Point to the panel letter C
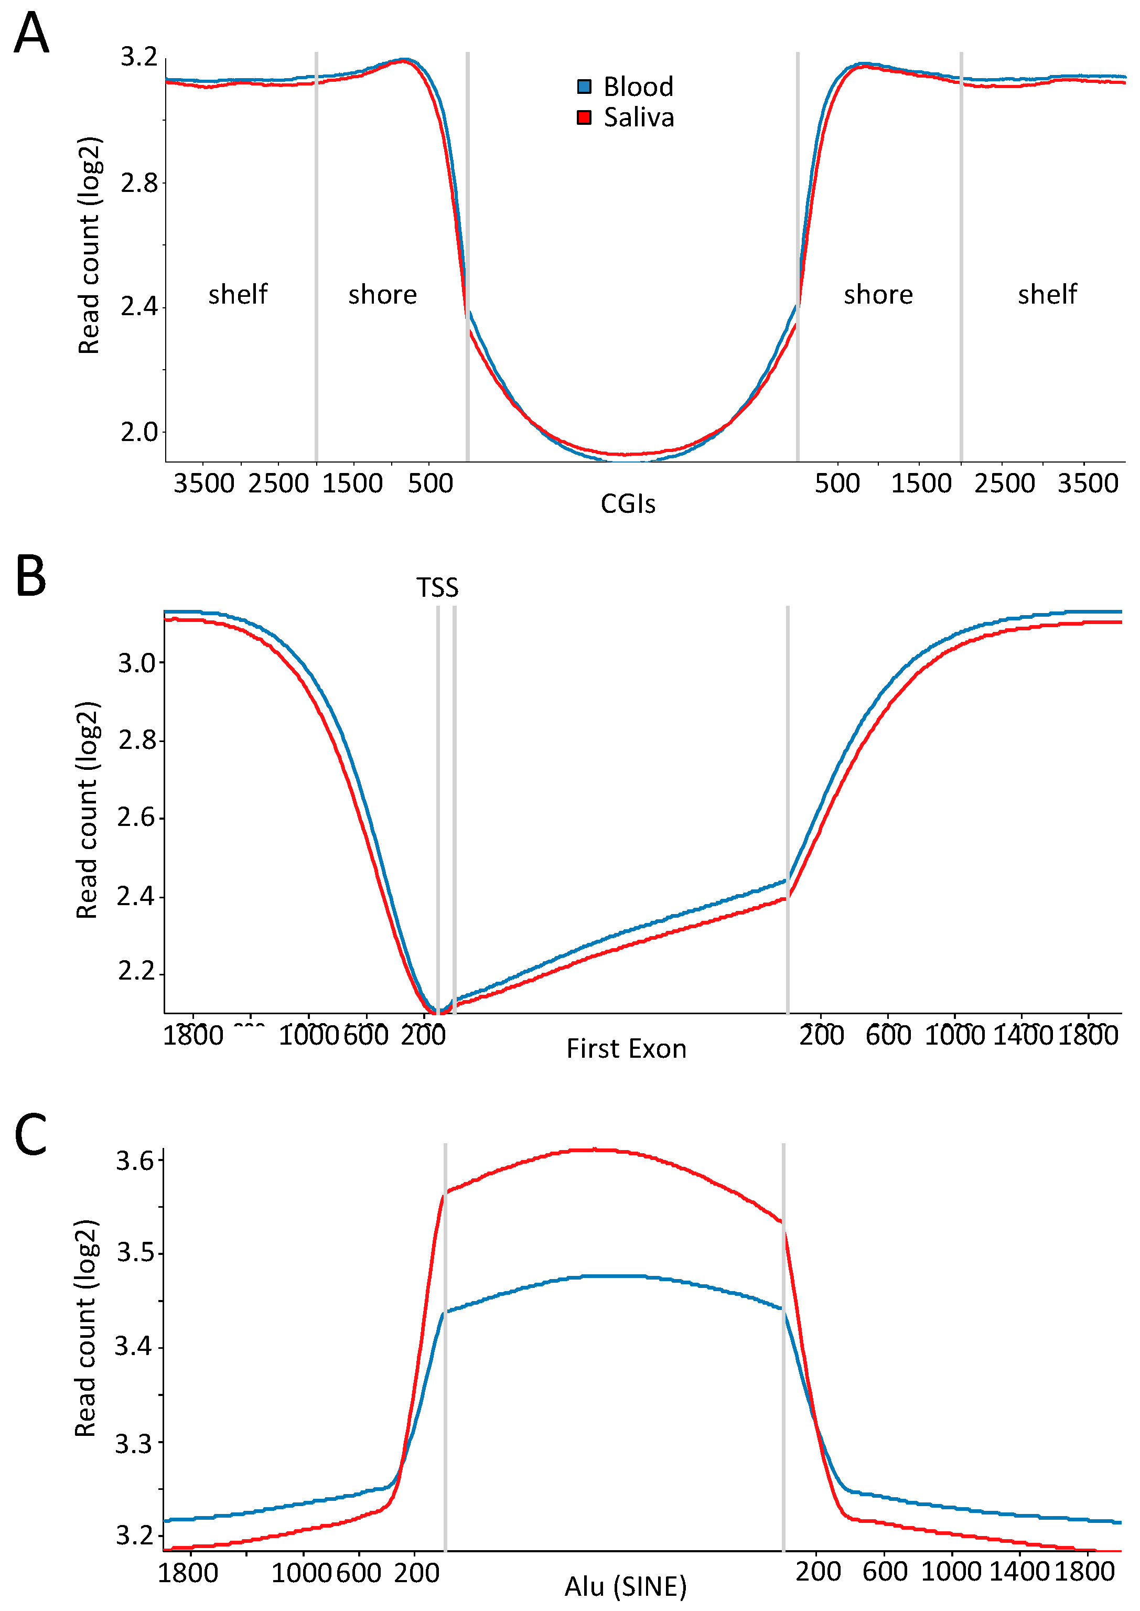[x=30, y=1135]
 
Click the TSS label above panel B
[x=437, y=587]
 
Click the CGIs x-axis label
[x=628, y=504]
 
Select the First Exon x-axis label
[x=626, y=1049]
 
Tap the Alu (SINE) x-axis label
[x=626, y=1586]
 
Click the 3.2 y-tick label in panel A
[x=138, y=57]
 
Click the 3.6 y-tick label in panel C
[x=134, y=1161]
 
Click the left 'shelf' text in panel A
[x=238, y=294]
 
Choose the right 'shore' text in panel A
[x=878, y=294]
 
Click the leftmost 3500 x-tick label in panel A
[x=203, y=484]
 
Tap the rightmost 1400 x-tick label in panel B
[x=1022, y=1035]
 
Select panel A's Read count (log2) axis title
[x=89, y=245]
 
